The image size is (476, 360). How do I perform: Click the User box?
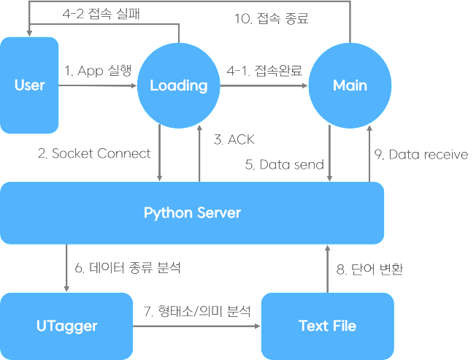(29, 85)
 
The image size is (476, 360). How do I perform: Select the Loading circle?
(179, 85)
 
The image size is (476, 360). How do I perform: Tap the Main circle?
(350, 85)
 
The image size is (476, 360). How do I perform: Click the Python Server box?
(192, 213)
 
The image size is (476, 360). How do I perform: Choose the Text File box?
(327, 325)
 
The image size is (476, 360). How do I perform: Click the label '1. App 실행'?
(99, 71)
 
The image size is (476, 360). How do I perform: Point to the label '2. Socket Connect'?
(94, 153)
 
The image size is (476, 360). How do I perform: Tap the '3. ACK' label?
(234, 139)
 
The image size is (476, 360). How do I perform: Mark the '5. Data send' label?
(284, 165)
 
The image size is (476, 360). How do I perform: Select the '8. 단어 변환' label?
(369, 268)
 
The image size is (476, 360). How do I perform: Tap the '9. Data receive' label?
(421, 154)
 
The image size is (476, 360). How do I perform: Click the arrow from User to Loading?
(98, 86)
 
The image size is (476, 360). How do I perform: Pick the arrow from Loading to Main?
(263, 86)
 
